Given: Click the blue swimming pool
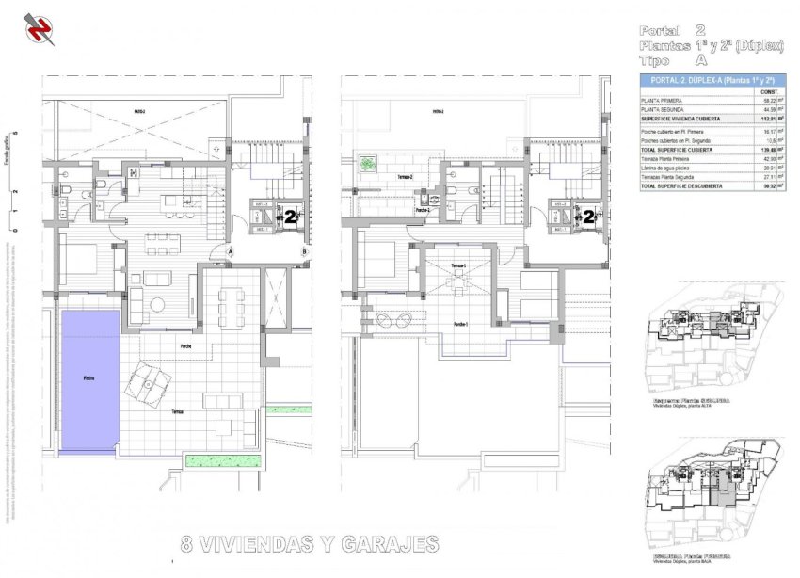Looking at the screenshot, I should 90,378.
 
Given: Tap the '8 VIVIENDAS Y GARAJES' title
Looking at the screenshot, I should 310,544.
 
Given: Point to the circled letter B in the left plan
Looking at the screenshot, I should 305,251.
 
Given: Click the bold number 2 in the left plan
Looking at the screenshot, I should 291,216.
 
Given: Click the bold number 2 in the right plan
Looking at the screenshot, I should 589,216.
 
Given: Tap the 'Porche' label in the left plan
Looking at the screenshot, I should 187,346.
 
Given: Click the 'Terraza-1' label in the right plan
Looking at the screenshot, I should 458,266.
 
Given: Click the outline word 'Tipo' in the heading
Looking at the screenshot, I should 659,59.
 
